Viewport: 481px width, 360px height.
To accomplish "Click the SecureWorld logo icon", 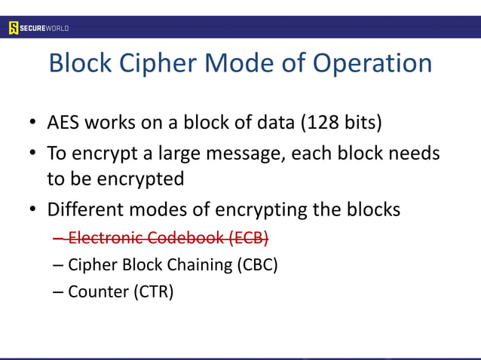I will (14, 28).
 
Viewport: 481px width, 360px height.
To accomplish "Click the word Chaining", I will (198, 265).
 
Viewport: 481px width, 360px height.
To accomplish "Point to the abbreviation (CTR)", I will (153, 291).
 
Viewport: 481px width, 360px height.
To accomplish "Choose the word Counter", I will (99, 291).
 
